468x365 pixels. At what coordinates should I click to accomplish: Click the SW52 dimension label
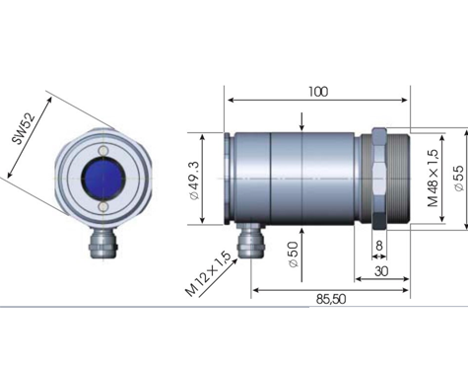coord(24,129)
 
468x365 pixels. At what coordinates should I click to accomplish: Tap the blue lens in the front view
coord(103,179)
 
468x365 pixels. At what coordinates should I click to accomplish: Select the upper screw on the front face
coord(103,150)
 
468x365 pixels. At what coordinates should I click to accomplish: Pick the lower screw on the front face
coord(103,206)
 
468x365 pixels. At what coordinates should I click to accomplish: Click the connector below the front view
coord(103,243)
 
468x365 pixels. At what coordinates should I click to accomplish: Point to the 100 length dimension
coord(318,92)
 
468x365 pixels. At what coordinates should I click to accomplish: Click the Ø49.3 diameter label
coord(194,181)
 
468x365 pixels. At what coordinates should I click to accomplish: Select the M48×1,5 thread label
coord(434,179)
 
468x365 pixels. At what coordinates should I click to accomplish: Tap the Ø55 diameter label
coord(459,178)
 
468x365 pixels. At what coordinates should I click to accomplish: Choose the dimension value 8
coord(379,246)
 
